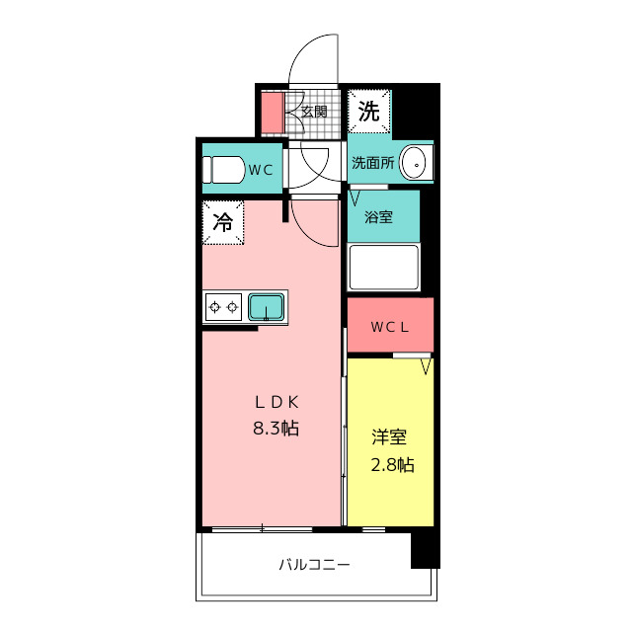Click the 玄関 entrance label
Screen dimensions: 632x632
coord(314,112)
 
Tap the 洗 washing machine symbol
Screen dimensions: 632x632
coord(369,112)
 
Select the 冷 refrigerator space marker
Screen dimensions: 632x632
coord(223,222)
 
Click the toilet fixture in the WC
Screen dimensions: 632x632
coord(224,170)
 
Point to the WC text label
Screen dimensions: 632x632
coord(261,170)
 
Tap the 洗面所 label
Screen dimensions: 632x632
coord(373,162)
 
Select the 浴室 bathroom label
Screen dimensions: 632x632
coord(378,217)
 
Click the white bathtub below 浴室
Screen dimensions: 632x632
coord(384,267)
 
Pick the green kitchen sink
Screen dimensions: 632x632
coord(266,307)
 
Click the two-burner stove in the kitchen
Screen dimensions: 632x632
coord(224,307)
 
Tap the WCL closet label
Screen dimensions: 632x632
coord(390,327)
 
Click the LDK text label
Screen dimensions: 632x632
coord(276,402)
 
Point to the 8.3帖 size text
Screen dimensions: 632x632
coord(276,428)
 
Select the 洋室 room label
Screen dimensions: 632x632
coord(389,437)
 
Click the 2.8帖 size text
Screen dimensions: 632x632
coord(392,465)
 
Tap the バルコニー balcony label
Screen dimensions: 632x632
coord(315,564)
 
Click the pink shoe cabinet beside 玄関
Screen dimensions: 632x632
coord(273,113)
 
